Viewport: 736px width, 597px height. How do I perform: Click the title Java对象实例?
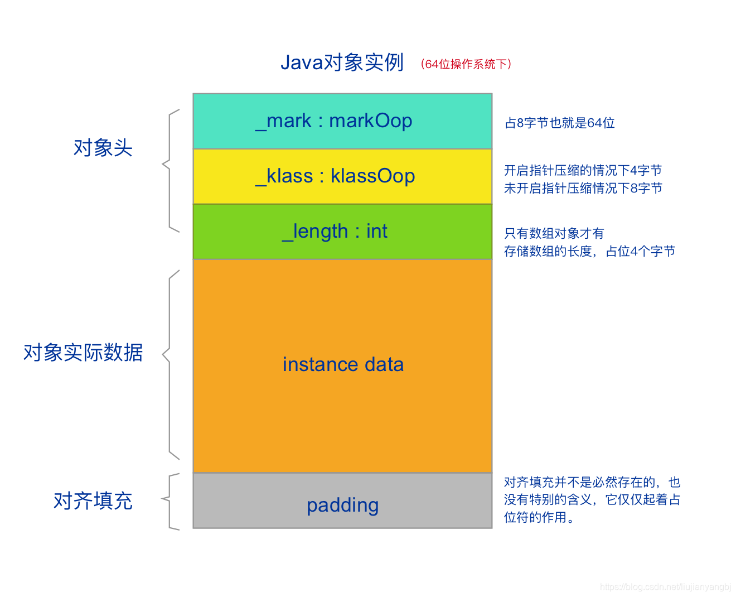click(342, 62)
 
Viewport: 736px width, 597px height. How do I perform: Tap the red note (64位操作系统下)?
click(466, 64)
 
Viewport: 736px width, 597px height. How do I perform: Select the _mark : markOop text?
click(334, 121)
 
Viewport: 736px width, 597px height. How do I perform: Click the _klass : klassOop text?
click(335, 176)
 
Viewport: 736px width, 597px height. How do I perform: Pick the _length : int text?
click(335, 231)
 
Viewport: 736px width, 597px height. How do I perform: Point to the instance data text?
click(343, 364)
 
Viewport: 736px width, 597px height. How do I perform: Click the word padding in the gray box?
click(342, 505)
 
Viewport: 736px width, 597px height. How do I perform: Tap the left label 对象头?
click(103, 148)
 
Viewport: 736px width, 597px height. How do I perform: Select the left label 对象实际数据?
click(83, 353)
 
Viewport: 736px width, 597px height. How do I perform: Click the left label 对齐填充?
click(93, 500)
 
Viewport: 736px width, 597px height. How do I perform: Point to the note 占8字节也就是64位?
click(559, 123)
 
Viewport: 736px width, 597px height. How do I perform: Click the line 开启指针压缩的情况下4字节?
click(583, 170)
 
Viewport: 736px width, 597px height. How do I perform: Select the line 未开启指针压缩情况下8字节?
click(583, 188)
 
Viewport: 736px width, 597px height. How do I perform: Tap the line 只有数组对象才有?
click(554, 233)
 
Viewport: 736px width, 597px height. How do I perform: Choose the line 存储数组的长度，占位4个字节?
click(589, 251)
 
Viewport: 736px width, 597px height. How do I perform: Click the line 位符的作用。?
click(539, 517)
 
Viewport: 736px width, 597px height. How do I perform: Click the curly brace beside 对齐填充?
click(170, 500)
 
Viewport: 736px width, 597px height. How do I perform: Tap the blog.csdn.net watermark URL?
click(665, 587)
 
